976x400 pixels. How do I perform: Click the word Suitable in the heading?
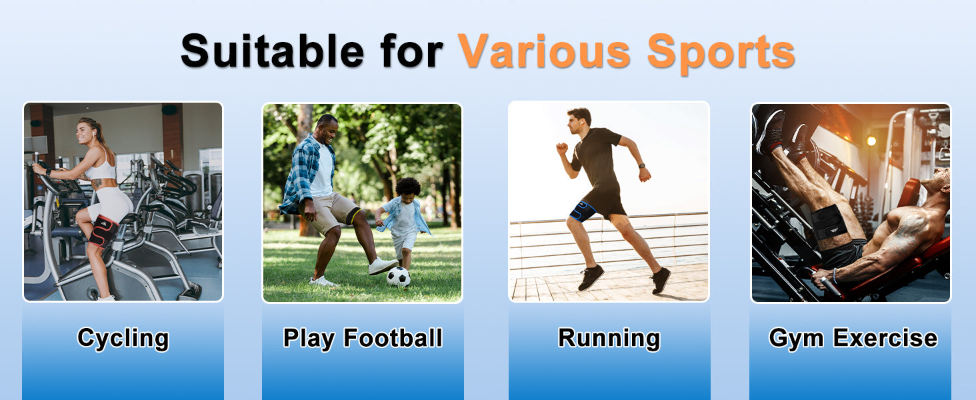pos(272,51)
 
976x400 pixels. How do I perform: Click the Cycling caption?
pos(123,339)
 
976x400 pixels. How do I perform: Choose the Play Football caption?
pos(363,339)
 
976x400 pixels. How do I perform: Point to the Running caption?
pos(609,339)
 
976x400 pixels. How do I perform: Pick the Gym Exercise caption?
pos(853,339)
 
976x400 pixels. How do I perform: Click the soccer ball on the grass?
pos(398,277)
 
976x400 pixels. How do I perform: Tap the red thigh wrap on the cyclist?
pos(103,231)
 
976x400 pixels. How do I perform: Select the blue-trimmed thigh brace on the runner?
pos(582,211)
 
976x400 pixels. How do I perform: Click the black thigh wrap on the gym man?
pos(829,222)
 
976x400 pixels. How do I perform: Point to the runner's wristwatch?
pos(641,166)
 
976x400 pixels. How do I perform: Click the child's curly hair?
pos(408,187)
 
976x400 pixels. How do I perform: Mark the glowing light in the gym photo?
pos(871,141)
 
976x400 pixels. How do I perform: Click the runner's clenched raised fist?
pos(562,148)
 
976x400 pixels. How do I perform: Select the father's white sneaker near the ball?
pos(383,266)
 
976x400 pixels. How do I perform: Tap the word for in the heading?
pos(412,51)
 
